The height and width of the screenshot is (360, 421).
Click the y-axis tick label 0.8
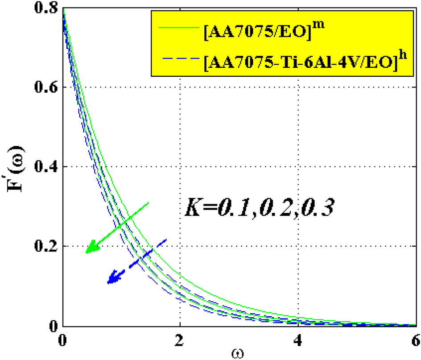coord(46,8)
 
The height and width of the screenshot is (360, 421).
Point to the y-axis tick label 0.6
coord(46,87)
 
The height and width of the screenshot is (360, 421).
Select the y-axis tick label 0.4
coord(46,167)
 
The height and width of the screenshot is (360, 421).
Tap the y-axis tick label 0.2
coord(46,246)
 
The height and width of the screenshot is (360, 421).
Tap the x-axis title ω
coord(239,354)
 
